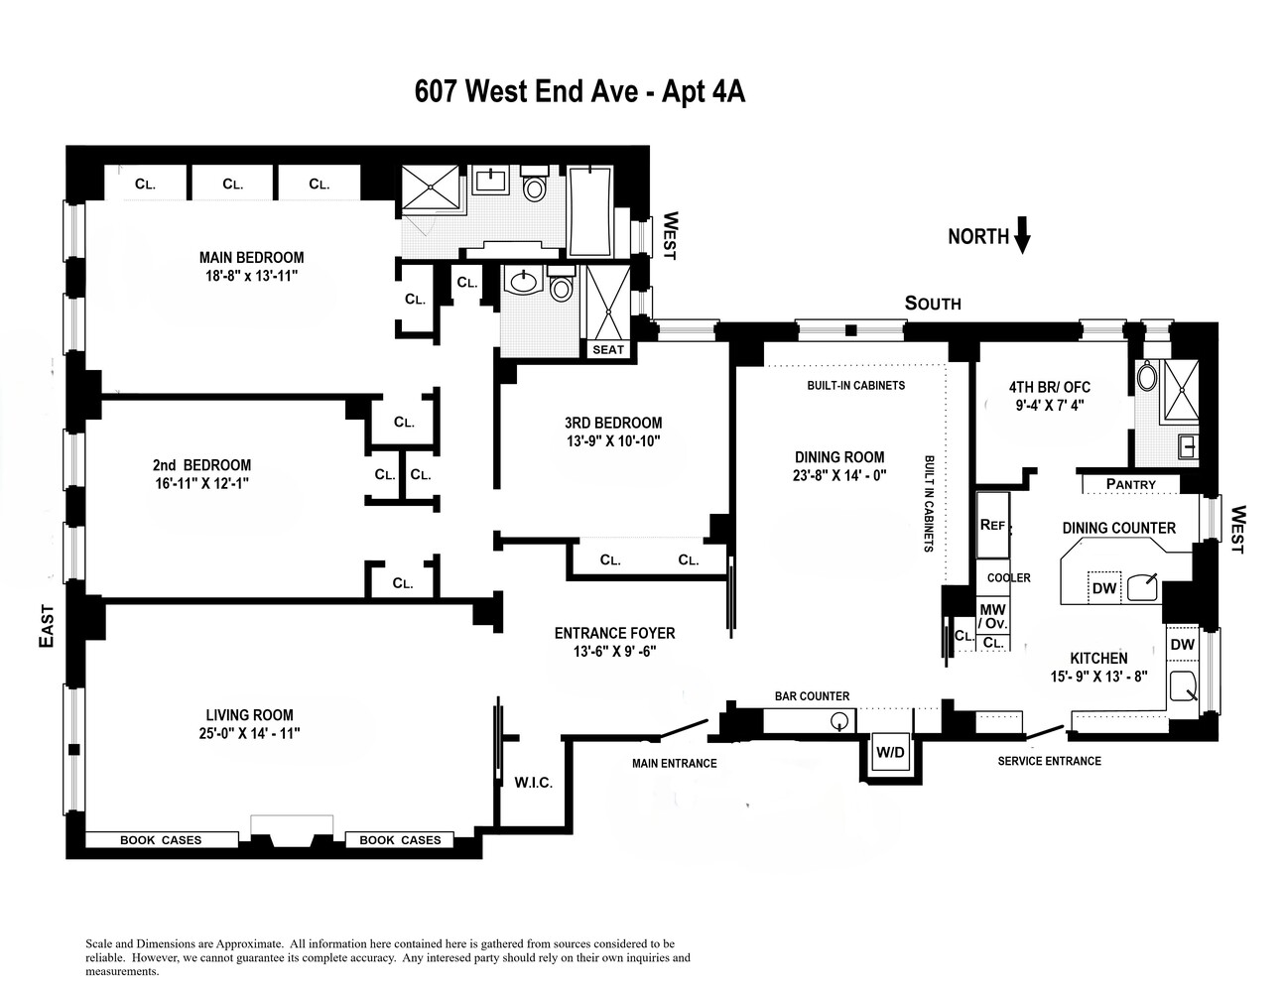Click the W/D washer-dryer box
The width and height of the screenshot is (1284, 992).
(890, 752)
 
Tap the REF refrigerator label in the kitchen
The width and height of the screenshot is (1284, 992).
(992, 525)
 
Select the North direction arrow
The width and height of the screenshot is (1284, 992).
(1022, 235)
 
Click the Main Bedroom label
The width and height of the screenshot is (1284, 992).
(252, 258)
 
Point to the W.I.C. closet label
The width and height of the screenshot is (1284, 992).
(533, 783)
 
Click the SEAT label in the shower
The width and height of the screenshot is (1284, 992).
(608, 349)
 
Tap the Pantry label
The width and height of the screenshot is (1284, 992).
(1130, 484)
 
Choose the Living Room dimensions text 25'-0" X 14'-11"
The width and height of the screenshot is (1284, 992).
(249, 733)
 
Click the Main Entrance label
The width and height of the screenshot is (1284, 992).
(674, 764)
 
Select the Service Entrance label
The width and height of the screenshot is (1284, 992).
(1050, 761)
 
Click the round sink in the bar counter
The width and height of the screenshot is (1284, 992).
(839, 721)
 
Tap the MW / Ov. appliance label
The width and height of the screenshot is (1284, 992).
(992, 616)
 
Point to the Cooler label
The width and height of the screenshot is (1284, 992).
(1009, 577)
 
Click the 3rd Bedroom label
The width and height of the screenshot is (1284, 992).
(613, 423)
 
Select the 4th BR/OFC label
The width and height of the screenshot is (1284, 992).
(1050, 387)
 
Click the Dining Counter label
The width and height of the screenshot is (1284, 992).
(1119, 528)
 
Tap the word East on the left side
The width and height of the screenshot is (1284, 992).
(47, 626)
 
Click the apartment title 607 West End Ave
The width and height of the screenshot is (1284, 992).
(527, 91)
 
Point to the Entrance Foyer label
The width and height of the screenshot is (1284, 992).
(614, 633)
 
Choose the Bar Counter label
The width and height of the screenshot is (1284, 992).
(812, 696)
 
